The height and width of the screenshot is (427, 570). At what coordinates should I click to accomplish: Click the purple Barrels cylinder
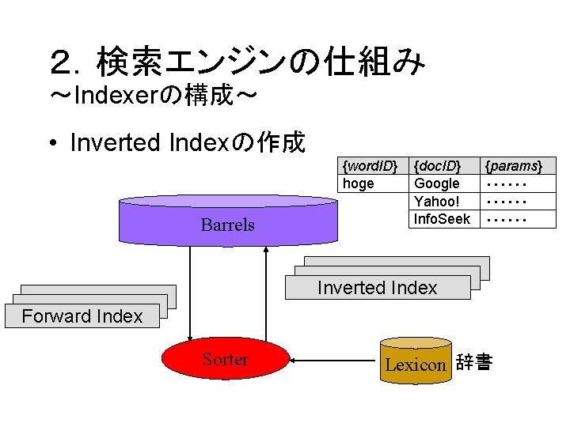click(x=228, y=221)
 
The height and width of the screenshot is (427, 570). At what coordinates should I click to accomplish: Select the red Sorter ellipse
click(x=226, y=359)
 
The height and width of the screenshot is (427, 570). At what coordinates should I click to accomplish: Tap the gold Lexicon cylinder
click(x=416, y=361)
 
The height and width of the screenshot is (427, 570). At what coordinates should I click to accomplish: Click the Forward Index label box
click(x=82, y=316)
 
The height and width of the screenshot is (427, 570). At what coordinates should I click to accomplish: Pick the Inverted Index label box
click(x=378, y=288)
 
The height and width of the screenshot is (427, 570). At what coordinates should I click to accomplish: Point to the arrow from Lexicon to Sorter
click(x=332, y=361)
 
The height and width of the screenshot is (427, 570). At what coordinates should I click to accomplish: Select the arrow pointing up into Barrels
click(x=266, y=294)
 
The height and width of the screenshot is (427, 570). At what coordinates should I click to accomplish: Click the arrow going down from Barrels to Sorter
click(x=190, y=294)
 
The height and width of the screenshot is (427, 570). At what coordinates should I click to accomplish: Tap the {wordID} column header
click(x=373, y=166)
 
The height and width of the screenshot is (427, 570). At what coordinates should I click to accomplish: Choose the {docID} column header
click(x=444, y=166)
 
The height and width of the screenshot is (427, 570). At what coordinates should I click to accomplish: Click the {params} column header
click(x=518, y=166)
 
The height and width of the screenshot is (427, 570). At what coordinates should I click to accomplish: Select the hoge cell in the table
click(x=373, y=183)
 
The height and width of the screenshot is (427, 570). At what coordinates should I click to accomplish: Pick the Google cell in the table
click(x=444, y=183)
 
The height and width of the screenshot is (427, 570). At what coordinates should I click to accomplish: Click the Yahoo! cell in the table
click(x=444, y=201)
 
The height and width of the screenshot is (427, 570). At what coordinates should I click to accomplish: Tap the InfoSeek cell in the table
click(x=444, y=219)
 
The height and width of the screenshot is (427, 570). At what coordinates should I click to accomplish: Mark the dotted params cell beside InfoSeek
click(x=518, y=219)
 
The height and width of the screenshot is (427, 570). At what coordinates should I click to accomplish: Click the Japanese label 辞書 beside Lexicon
click(x=474, y=361)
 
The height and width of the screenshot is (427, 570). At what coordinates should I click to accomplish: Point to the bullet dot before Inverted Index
click(x=54, y=142)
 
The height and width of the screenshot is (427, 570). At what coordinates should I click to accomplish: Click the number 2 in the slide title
click(x=63, y=62)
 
